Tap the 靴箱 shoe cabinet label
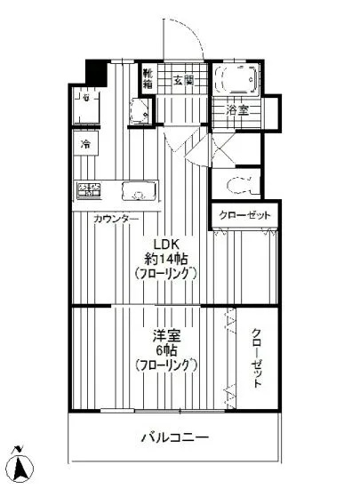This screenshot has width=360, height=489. pos(150,81)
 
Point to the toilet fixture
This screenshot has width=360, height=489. pos(241,185)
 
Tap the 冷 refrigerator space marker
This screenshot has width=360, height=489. pos(86,144)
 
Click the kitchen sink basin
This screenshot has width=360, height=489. pos(138,190)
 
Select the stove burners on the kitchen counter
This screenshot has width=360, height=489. pos(90,189)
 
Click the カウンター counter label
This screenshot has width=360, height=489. pos(116,218)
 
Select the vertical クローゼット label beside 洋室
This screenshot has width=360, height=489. pos(256,357)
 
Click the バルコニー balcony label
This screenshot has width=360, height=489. pos(174,437)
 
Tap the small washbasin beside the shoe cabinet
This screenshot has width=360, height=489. pos(139,112)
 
